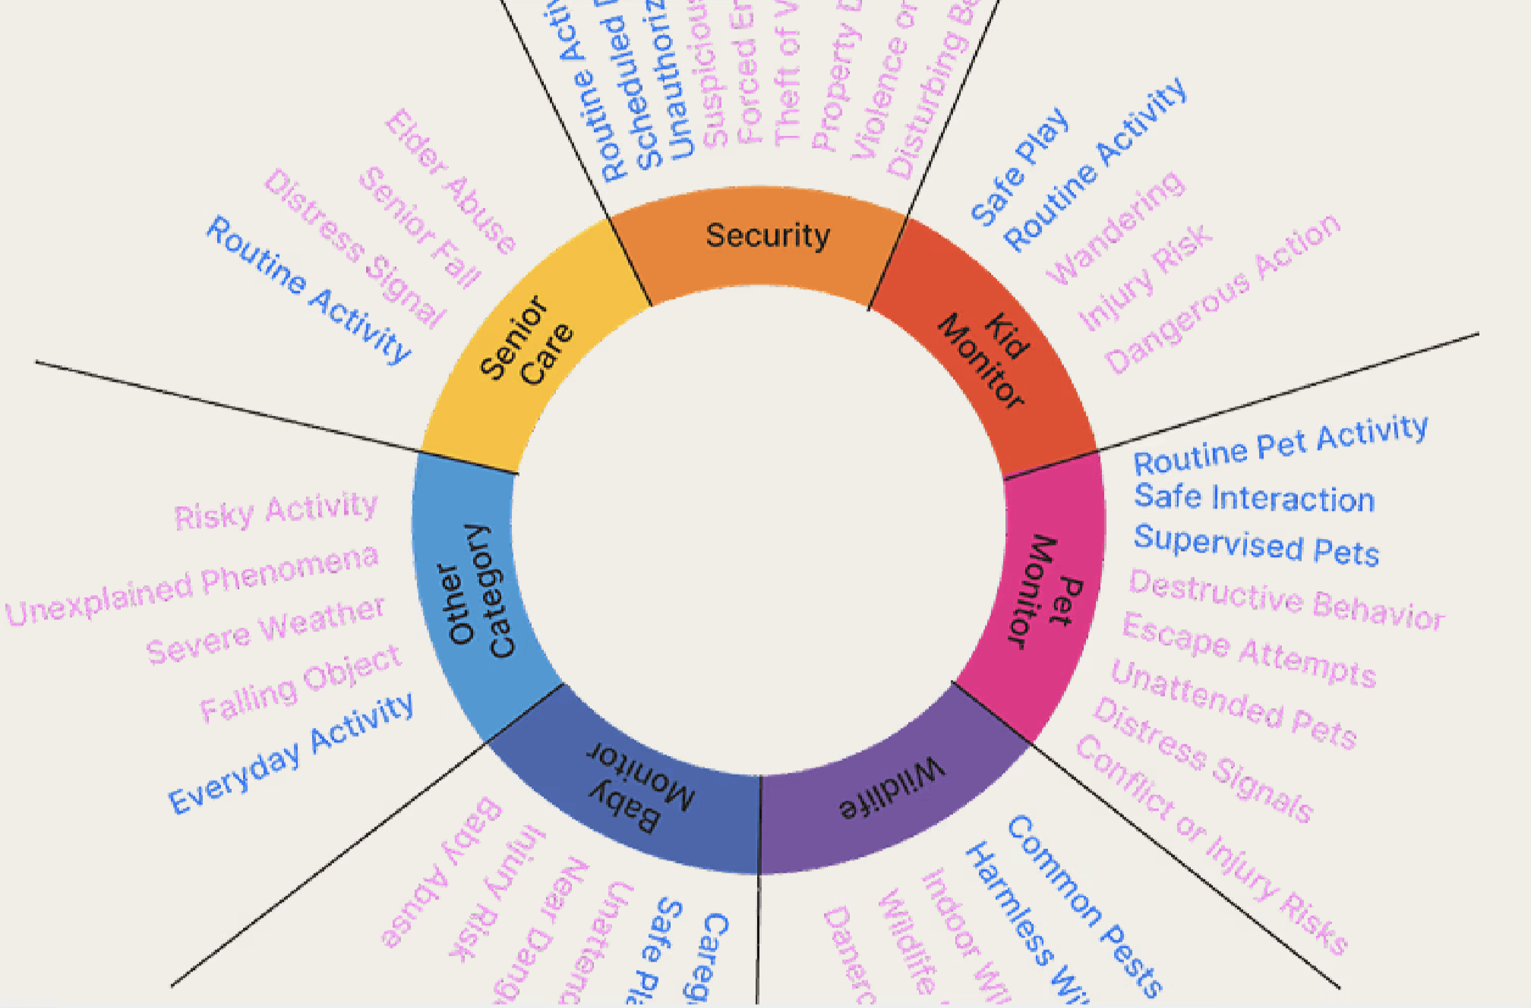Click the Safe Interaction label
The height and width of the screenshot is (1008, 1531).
click(1255, 498)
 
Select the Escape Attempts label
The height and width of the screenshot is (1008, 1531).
click(1249, 650)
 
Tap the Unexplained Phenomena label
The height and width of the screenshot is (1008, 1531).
click(192, 585)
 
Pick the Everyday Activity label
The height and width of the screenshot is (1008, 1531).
click(291, 753)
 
